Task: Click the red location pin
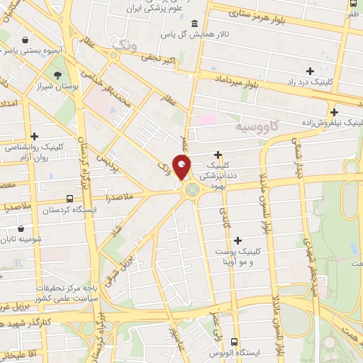click(x=183, y=167)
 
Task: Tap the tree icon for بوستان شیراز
click(x=57, y=75)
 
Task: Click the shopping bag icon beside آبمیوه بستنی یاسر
click(x=26, y=40)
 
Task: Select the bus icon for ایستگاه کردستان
click(x=69, y=199)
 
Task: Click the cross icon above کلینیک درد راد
click(x=310, y=71)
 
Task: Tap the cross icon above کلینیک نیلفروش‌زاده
click(x=334, y=111)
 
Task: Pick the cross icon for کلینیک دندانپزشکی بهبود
click(x=218, y=155)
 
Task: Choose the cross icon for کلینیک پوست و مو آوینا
click(x=237, y=240)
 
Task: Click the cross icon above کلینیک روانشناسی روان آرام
click(x=34, y=135)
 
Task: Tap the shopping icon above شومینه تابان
click(x=21, y=228)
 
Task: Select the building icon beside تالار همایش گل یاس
click(x=195, y=23)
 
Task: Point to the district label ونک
click(x=123, y=46)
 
